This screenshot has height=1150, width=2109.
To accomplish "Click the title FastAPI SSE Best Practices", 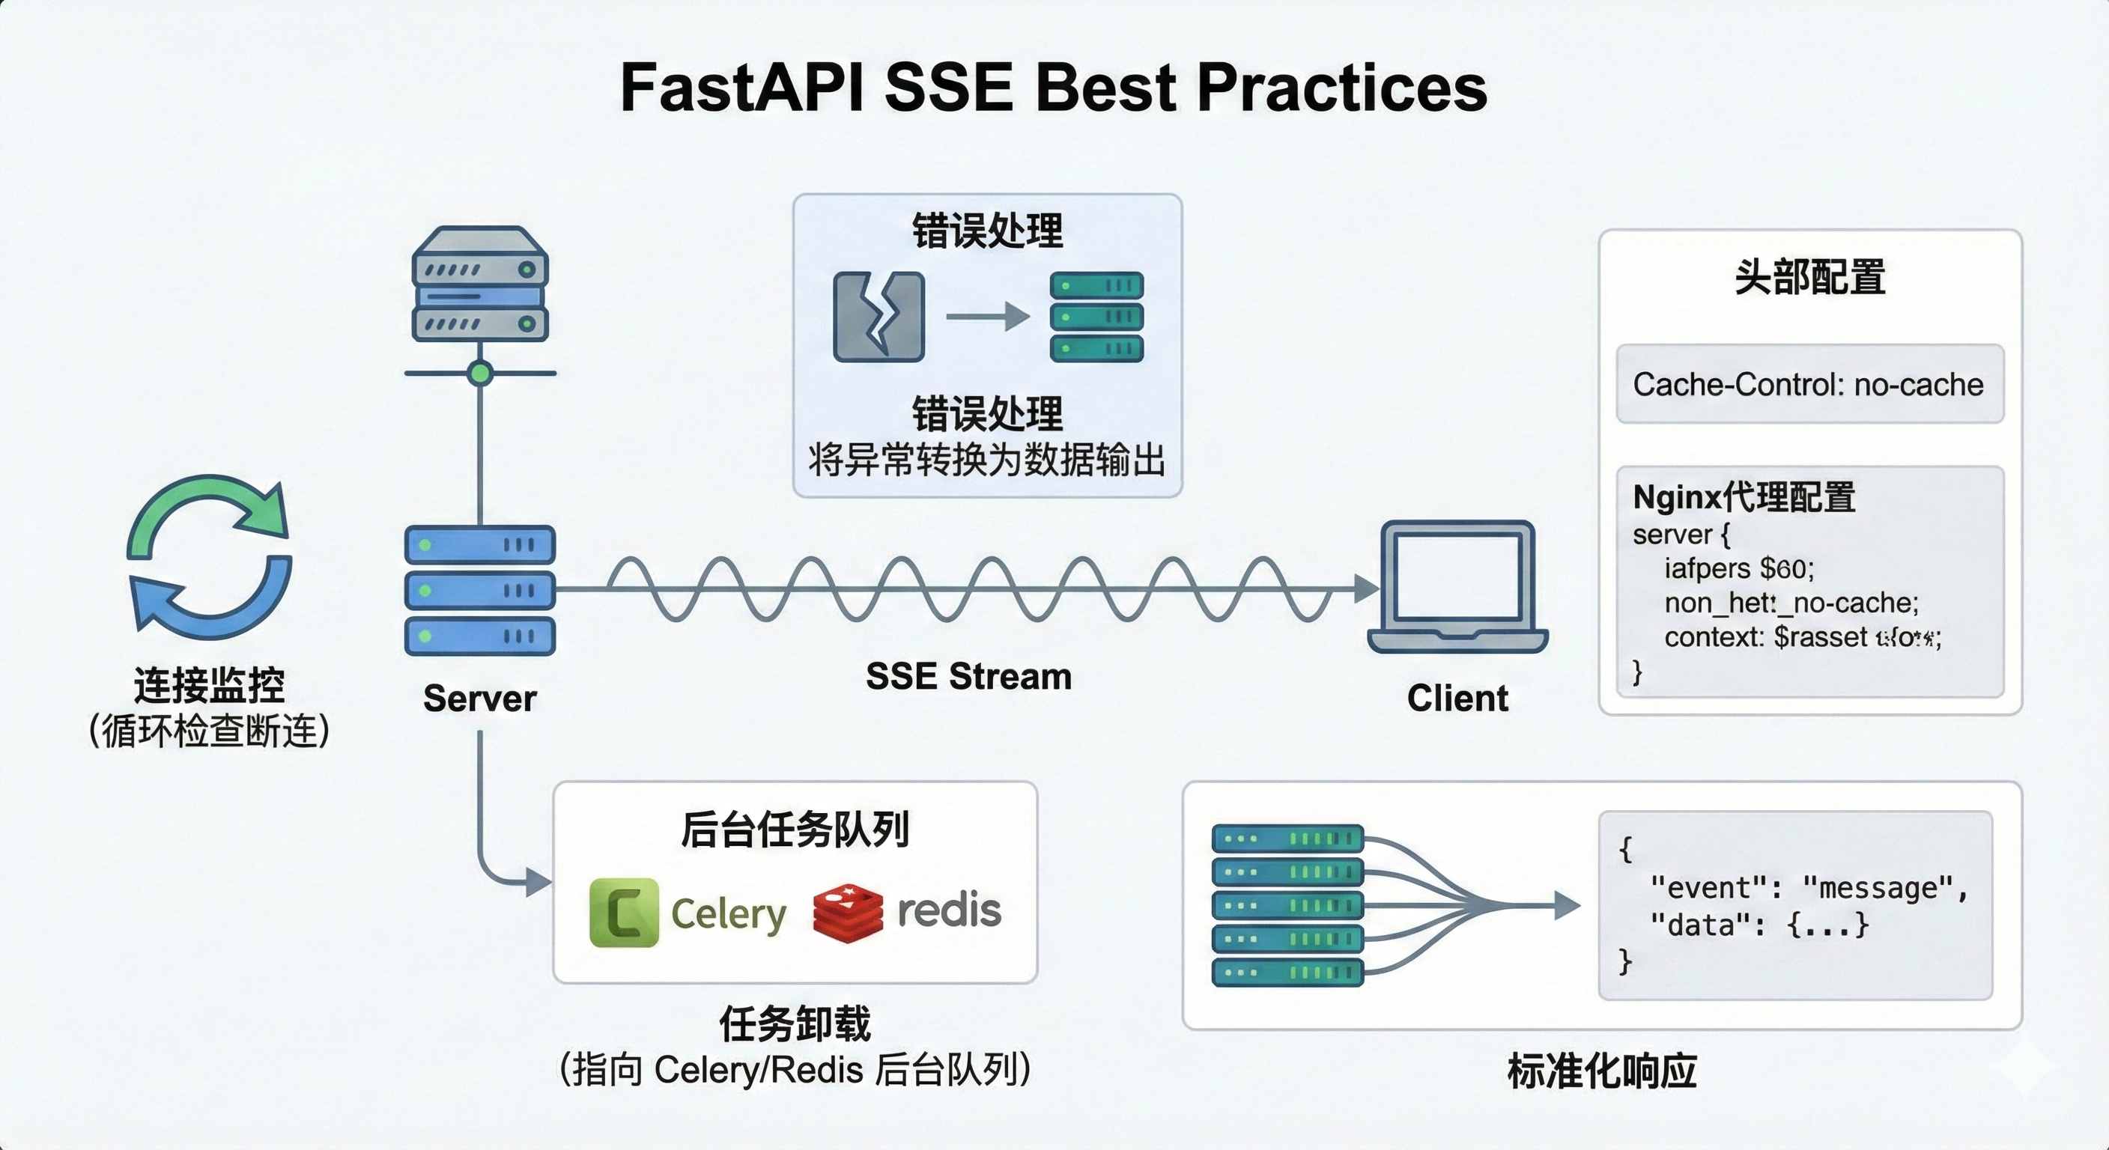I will (1053, 88).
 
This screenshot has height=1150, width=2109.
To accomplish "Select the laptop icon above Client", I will (1457, 586).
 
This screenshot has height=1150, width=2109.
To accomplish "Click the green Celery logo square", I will (624, 912).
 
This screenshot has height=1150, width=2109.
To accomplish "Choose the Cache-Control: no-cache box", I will (1809, 384).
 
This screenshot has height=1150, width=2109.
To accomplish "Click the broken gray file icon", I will (879, 317).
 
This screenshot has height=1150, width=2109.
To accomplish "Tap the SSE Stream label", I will (968, 677).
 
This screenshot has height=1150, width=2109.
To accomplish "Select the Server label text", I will (480, 699).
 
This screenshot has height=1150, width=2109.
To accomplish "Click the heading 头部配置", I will (1809, 277).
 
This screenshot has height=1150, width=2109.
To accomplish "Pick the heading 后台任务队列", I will (795, 829).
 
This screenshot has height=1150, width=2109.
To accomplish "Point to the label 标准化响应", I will (1601, 1071).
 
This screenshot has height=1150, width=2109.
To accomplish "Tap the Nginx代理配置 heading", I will (1744, 497).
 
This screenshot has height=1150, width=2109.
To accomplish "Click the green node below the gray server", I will (480, 374).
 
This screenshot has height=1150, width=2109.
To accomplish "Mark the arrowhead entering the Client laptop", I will (1365, 588).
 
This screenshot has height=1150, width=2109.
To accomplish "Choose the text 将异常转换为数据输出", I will (986, 460).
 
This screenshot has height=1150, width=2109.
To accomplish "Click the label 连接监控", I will (210, 685).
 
